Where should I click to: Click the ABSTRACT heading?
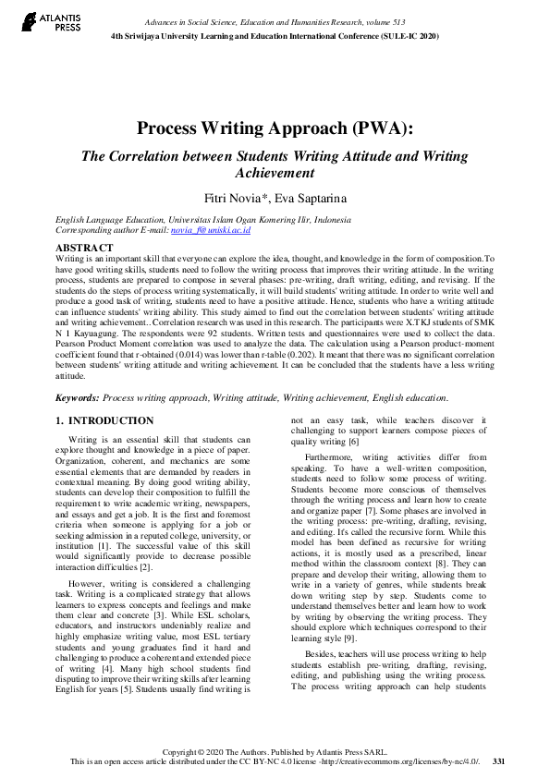pyautogui.click(x=84, y=248)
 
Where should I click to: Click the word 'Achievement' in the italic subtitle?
pyautogui.click(x=275, y=173)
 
